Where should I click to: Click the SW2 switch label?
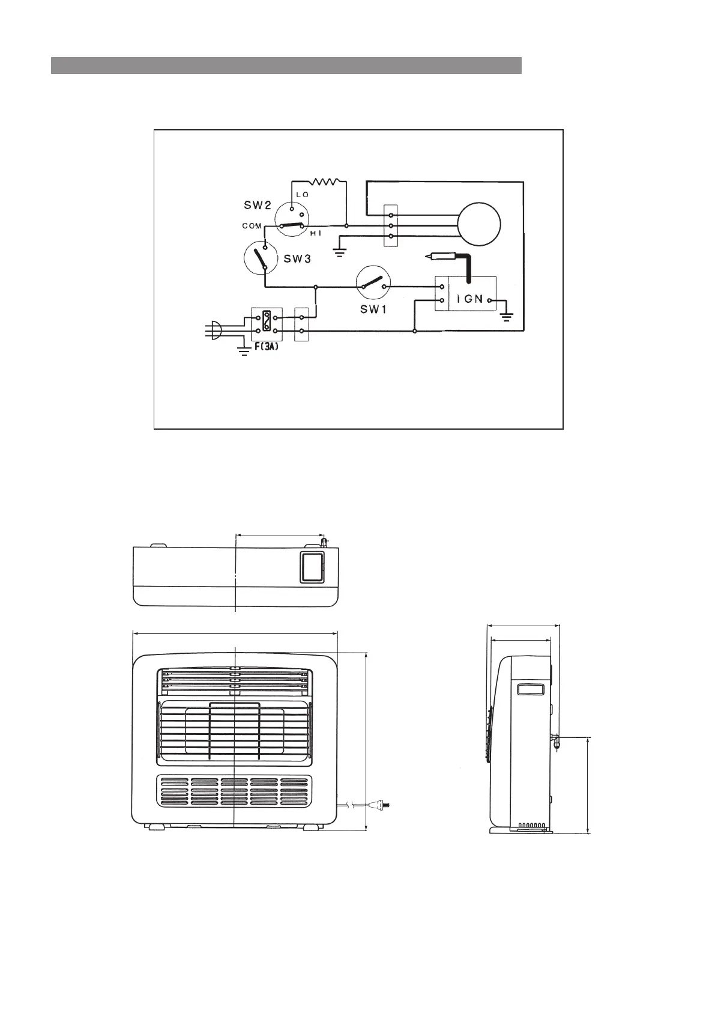coord(258,205)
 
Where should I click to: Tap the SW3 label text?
coord(297,260)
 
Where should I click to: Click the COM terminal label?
coord(252,227)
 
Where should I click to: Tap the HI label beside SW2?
coord(316,233)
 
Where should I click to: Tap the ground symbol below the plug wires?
coord(244,351)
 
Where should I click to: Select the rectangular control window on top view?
coord(312,568)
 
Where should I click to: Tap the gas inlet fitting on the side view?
coord(556,740)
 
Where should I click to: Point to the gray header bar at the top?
coord(286,66)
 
